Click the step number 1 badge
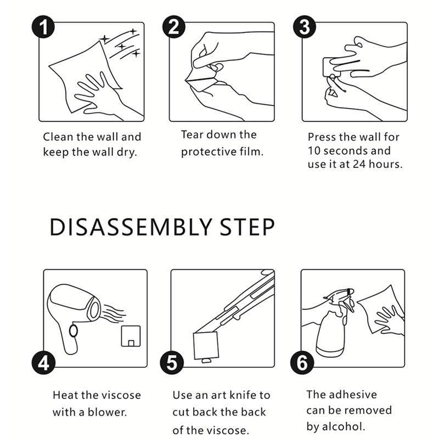coord(43,26)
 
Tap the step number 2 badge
coord(174,26)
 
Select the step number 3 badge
coord(305,26)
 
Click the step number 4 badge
coord(43,363)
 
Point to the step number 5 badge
coord(172,363)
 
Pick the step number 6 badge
coord(302,363)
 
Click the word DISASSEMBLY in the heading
coord(131,227)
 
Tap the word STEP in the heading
coord(247,227)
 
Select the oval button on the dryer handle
coord(74,331)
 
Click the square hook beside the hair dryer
coord(131,336)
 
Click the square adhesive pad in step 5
coord(206,346)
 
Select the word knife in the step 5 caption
coord(241,395)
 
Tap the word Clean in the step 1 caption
coord(58,137)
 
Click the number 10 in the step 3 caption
coord(314,151)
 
